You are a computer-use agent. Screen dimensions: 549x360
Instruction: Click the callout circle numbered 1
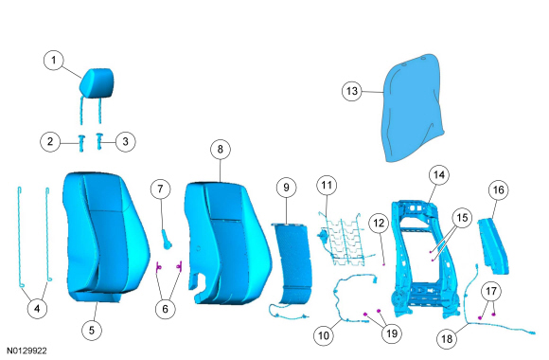click(x=54, y=60)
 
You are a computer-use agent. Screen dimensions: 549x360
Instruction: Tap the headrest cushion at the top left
click(x=97, y=83)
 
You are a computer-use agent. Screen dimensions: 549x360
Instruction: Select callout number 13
click(x=352, y=91)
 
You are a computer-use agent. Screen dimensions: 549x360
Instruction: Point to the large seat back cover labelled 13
click(x=413, y=108)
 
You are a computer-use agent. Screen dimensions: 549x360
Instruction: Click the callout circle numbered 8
click(x=221, y=150)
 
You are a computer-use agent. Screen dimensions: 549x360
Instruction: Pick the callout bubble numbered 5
click(x=92, y=331)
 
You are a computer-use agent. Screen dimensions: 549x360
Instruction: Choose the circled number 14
click(x=439, y=175)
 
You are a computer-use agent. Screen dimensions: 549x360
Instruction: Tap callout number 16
click(x=499, y=190)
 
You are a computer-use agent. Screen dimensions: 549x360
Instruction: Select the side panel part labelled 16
click(x=494, y=245)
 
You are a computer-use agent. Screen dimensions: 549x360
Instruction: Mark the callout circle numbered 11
click(x=327, y=185)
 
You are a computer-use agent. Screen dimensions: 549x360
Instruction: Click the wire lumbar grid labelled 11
click(x=345, y=239)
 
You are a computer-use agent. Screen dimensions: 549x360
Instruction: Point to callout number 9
click(x=287, y=188)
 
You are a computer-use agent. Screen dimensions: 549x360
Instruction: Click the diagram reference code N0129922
click(x=27, y=351)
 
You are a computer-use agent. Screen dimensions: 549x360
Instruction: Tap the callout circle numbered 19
click(x=392, y=333)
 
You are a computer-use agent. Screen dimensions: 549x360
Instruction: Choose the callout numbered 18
click(x=447, y=339)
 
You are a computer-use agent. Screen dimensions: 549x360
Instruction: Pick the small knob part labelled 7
click(x=167, y=239)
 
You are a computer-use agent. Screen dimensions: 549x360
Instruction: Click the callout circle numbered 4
click(x=37, y=309)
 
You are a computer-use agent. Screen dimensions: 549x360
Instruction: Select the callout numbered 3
click(x=125, y=141)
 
